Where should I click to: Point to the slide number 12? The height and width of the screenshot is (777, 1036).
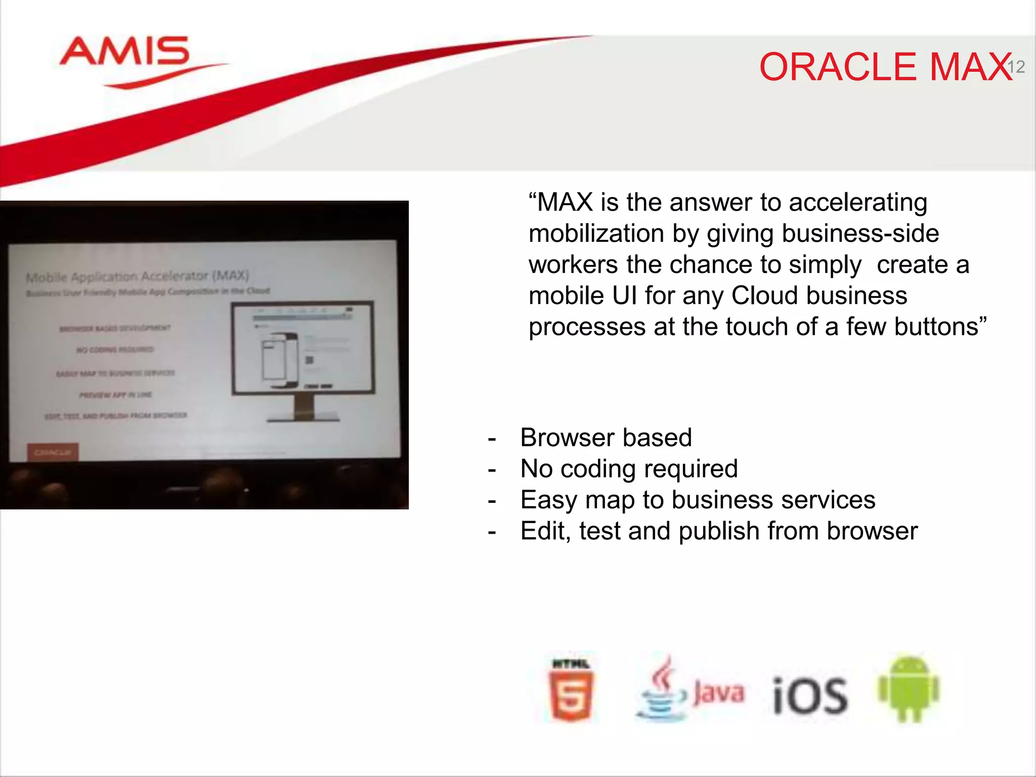pos(1016,67)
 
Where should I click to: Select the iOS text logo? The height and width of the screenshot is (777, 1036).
pos(810,696)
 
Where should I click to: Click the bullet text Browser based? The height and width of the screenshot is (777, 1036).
pos(606,438)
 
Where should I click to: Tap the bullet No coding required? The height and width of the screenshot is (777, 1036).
pos(629,468)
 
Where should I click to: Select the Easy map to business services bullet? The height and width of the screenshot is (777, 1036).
pos(698,500)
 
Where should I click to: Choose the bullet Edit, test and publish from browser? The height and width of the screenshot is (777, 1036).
pos(718,531)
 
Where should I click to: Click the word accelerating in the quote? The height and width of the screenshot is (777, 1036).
pos(858,202)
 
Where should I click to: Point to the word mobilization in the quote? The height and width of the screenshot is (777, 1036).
pos(596,234)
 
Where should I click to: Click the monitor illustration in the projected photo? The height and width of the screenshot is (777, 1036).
pos(303,349)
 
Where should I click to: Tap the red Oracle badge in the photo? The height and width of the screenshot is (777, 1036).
pos(53,452)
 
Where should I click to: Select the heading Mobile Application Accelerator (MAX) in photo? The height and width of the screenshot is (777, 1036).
pos(137,276)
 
